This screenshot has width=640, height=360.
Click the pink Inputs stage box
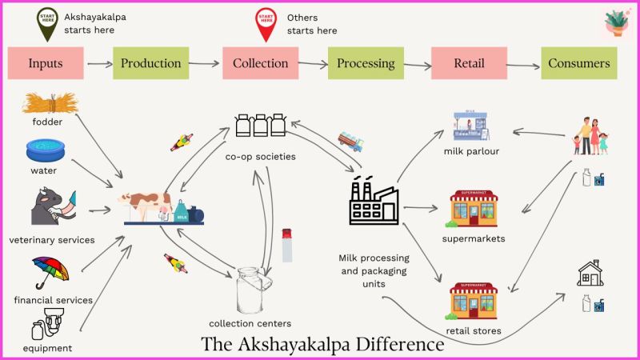[45, 63]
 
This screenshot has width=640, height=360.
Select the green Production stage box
[150, 63]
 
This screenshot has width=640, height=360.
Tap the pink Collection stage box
[260, 63]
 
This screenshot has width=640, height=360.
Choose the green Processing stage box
[366, 63]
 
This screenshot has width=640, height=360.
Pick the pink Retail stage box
[469, 63]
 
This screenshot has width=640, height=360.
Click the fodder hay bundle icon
[46, 103]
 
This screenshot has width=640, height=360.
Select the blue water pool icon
[46, 150]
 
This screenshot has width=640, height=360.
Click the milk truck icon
[350, 142]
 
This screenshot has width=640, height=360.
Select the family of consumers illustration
[590, 137]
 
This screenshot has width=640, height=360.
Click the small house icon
[590, 274]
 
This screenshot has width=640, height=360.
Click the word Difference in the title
[391, 345]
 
